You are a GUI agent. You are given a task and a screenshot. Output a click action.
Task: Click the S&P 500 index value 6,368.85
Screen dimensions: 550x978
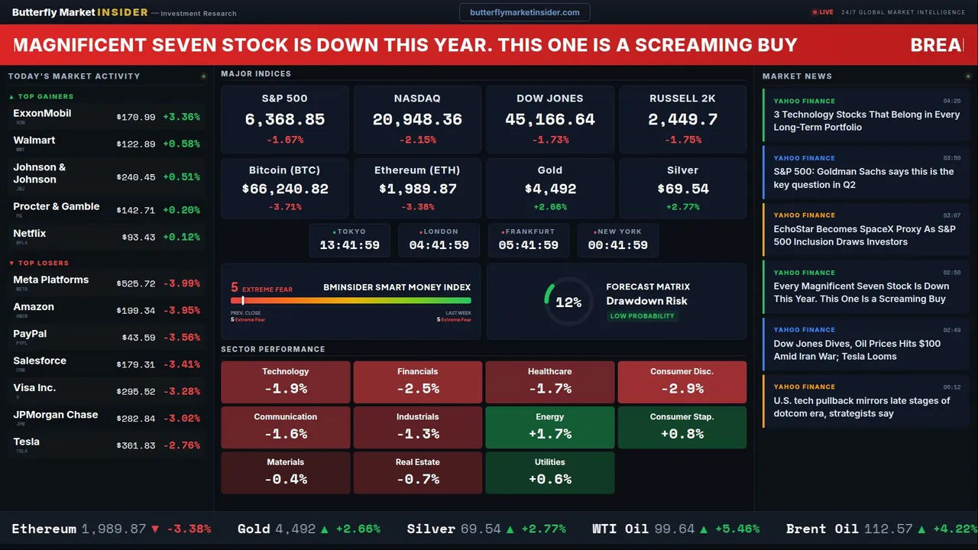[284, 120]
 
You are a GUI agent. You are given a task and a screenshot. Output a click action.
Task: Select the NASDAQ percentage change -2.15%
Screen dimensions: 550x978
[417, 140]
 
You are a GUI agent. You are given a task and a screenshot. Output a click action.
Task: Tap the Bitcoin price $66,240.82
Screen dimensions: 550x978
[285, 189]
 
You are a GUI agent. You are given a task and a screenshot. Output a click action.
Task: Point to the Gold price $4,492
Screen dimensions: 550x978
[550, 189]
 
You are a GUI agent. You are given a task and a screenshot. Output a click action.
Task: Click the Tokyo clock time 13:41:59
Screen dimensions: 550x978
[349, 245]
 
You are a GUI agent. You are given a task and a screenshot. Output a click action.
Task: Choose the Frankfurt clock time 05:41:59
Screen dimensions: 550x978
[528, 245]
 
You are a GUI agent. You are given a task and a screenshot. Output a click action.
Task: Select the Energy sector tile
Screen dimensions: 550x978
[549, 427]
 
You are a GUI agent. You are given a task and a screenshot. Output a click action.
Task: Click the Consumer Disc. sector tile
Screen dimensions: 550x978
[682, 382]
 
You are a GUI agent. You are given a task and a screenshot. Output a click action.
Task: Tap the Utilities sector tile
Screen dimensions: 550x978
[549, 472]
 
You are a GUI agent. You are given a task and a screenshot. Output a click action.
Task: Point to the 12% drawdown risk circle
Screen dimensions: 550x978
[568, 302]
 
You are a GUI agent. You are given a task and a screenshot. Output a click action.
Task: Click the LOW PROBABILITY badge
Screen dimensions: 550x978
[642, 316]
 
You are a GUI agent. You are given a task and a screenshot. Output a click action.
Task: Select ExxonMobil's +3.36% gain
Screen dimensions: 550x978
[181, 117]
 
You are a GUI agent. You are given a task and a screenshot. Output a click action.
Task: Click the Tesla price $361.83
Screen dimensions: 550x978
[136, 445]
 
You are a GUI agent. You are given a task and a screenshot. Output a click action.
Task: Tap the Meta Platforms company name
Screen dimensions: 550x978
[51, 280]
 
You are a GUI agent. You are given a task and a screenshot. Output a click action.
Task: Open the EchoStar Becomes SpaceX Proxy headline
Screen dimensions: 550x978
[864, 235]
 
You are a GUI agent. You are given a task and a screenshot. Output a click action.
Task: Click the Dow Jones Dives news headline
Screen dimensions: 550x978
[857, 350]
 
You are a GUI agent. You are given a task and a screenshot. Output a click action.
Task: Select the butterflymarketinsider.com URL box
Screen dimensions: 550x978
[524, 12]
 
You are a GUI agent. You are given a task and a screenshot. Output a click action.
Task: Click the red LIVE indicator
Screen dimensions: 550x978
[823, 12]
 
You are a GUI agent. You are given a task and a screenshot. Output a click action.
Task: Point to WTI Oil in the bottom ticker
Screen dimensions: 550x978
[620, 529]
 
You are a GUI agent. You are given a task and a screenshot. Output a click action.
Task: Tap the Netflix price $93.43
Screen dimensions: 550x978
[138, 238]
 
